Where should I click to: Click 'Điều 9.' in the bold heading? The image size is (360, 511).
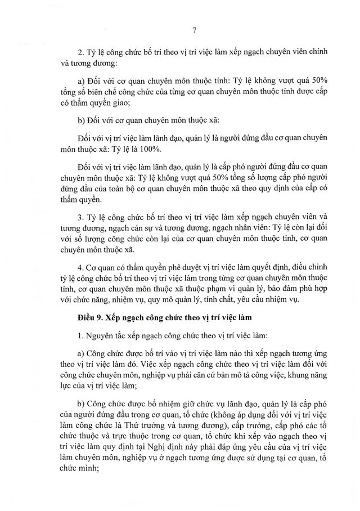coord(91,320)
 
